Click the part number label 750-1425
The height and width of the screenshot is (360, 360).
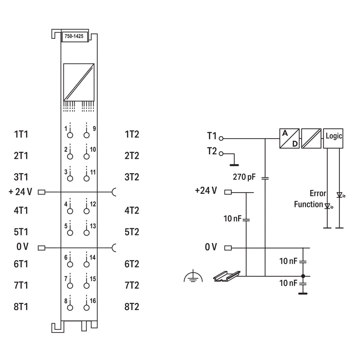click(74, 36)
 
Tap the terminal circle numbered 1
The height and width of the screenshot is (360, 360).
click(70, 135)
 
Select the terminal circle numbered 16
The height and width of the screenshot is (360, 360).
click(86, 308)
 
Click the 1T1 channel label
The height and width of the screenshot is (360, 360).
click(21, 134)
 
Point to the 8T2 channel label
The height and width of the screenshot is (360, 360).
click(132, 307)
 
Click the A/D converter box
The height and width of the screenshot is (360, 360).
click(289, 139)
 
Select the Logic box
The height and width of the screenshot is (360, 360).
click(333, 139)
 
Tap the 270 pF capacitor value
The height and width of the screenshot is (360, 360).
click(244, 177)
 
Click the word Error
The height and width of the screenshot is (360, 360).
click(318, 193)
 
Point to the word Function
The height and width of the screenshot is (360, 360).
click(309, 204)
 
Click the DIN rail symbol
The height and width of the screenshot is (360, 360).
click(227, 276)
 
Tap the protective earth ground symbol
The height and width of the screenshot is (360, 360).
click(193, 276)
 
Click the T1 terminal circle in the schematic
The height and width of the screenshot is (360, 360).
click(221, 139)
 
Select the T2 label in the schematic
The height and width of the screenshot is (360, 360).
click(212, 151)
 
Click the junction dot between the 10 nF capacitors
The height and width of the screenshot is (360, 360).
click(303, 276)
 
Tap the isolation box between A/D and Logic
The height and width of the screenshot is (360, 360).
click(311, 139)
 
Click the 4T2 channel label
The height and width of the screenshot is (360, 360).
click(132, 211)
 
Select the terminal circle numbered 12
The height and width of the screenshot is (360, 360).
click(86, 211)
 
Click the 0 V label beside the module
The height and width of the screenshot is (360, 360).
click(22, 247)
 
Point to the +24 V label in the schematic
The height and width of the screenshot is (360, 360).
click(206, 190)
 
